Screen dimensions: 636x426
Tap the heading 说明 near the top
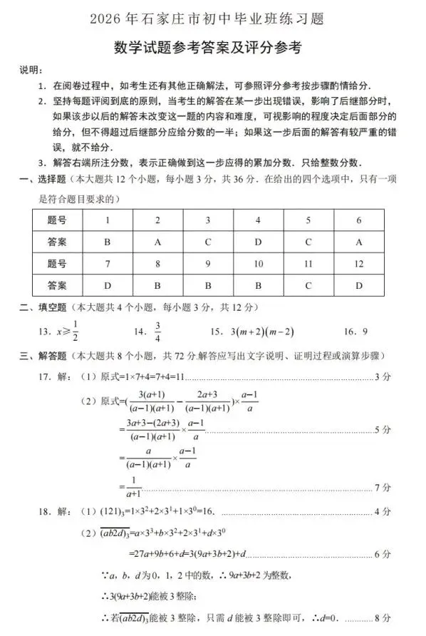(x=30, y=70)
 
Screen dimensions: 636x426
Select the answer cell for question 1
(x=107, y=242)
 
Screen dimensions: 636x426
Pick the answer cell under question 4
(x=257, y=242)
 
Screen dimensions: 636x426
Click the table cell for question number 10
(x=257, y=264)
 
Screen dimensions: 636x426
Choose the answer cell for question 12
(x=359, y=286)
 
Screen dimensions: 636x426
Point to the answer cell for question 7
(x=107, y=286)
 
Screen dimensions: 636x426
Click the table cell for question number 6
(x=359, y=220)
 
